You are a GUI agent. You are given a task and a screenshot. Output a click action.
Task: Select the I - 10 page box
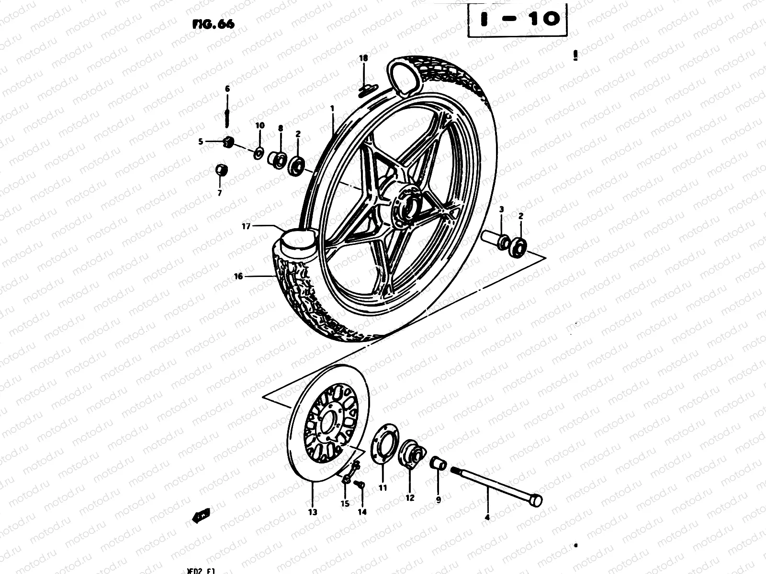(x=517, y=20)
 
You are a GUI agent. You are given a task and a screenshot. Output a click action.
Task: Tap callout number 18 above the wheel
(x=363, y=58)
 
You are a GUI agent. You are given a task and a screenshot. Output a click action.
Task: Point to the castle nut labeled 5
(x=228, y=141)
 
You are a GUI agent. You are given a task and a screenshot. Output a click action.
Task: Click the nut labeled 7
(x=221, y=170)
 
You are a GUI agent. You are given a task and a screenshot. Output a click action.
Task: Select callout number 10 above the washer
(x=259, y=125)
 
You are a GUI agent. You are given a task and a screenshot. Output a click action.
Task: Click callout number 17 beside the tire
(x=246, y=227)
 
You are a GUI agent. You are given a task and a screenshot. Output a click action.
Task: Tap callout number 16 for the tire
(x=238, y=276)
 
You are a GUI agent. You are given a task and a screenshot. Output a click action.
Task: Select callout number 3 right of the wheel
(x=501, y=210)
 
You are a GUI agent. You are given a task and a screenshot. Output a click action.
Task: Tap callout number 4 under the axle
(x=487, y=517)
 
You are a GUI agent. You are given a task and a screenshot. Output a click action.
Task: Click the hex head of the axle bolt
(x=537, y=500)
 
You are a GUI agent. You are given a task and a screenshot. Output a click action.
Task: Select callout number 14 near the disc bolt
(x=362, y=511)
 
